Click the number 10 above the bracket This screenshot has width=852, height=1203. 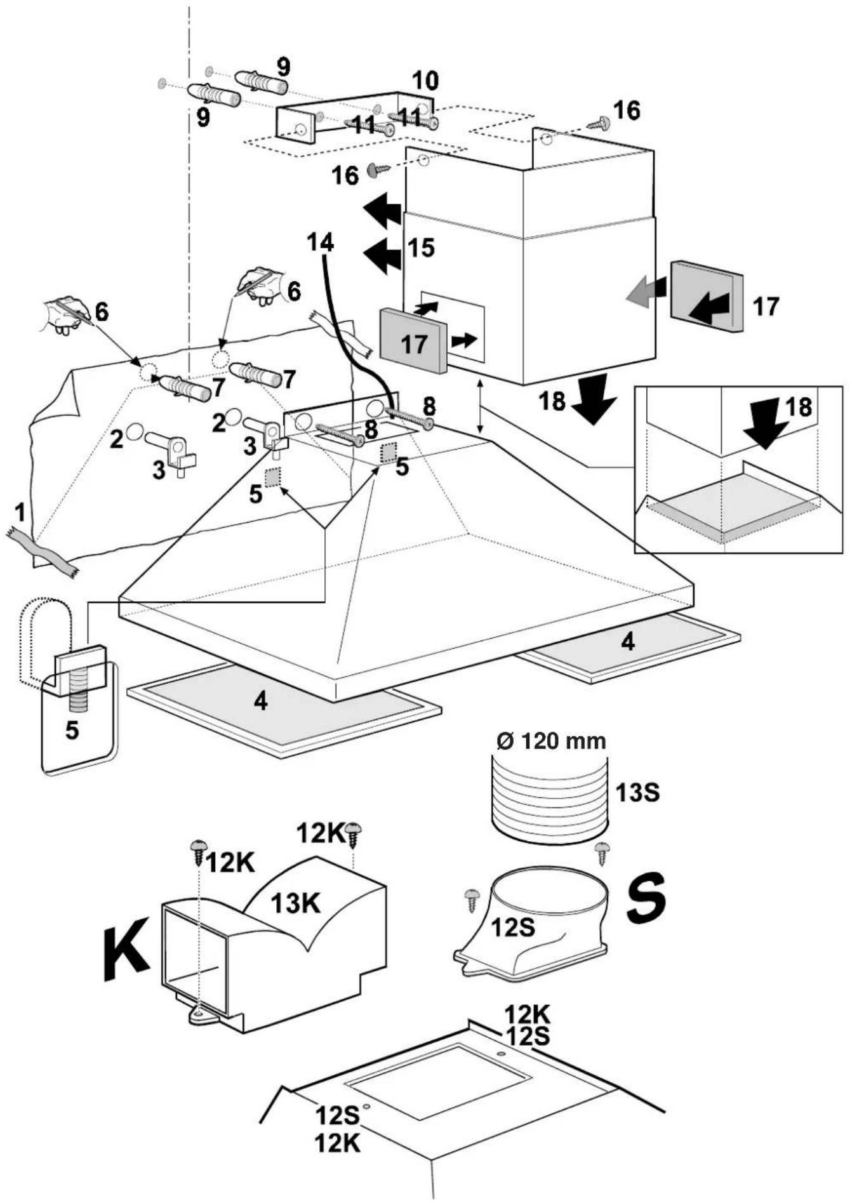(425, 81)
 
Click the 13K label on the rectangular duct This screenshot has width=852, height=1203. (296, 903)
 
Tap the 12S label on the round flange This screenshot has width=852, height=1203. (514, 927)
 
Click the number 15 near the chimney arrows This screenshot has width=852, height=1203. (421, 248)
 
